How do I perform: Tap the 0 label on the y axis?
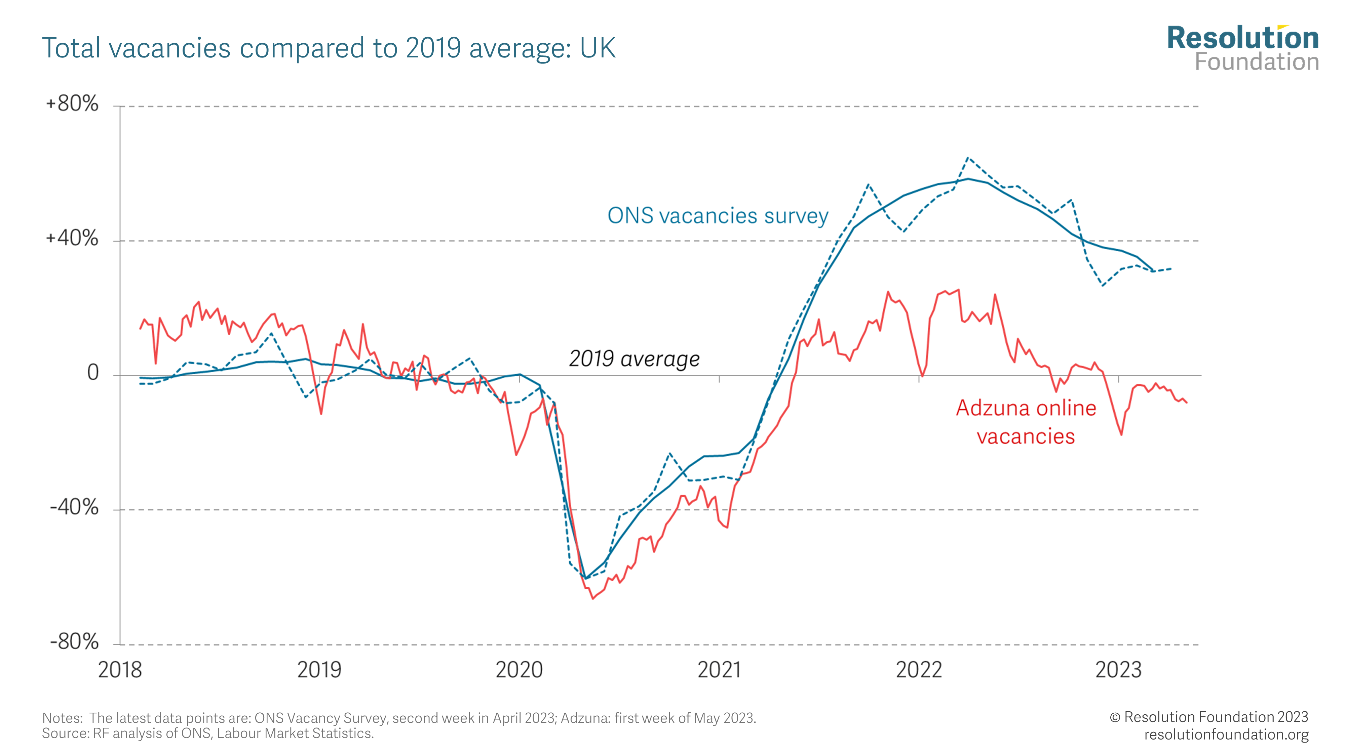pyautogui.click(x=93, y=373)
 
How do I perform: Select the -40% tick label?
pyautogui.click(x=74, y=507)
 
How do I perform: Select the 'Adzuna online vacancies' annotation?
pyautogui.click(x=1026, y=422)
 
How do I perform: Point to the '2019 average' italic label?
pyautogui.click(x=634, y=359)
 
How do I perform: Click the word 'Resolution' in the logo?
pyautogui.click(x=1243, y=38)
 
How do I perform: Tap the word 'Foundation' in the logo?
pyautogui.click(x=1257, y=62)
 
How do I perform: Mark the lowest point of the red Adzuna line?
pyautogui.click(x=592, y=598)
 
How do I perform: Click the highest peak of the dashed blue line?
pyautogui.click(x=967, y=158)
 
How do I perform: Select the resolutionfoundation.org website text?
pyautogui.click(x=1226, y=734)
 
